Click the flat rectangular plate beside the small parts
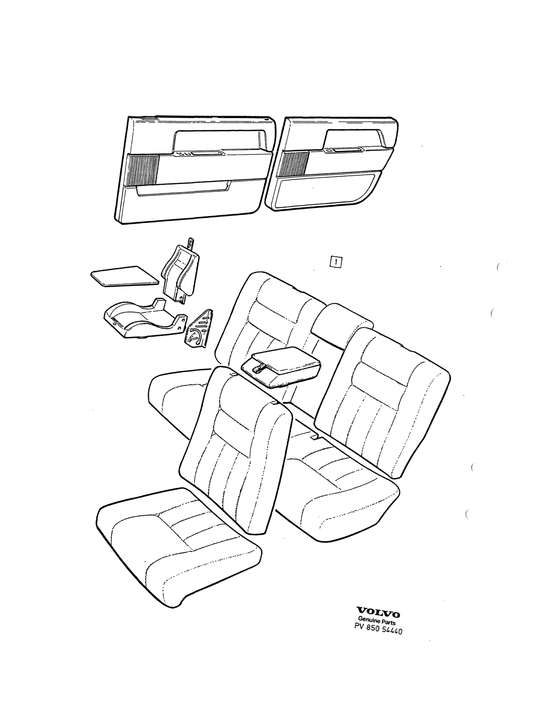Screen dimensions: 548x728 (125, 276)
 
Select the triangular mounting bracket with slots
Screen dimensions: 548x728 (198, 329)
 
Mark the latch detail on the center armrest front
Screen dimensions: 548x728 (259, 368)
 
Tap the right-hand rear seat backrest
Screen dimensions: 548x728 (382, 403)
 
